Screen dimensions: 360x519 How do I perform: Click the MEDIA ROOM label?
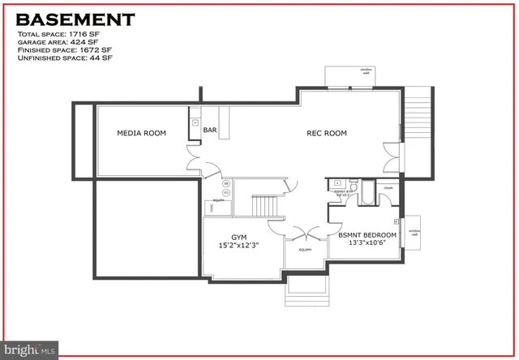tap(142, 133)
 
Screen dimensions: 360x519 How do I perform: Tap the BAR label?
tap(210, 130)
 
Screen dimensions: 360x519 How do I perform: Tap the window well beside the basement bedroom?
tap(413, 232)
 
